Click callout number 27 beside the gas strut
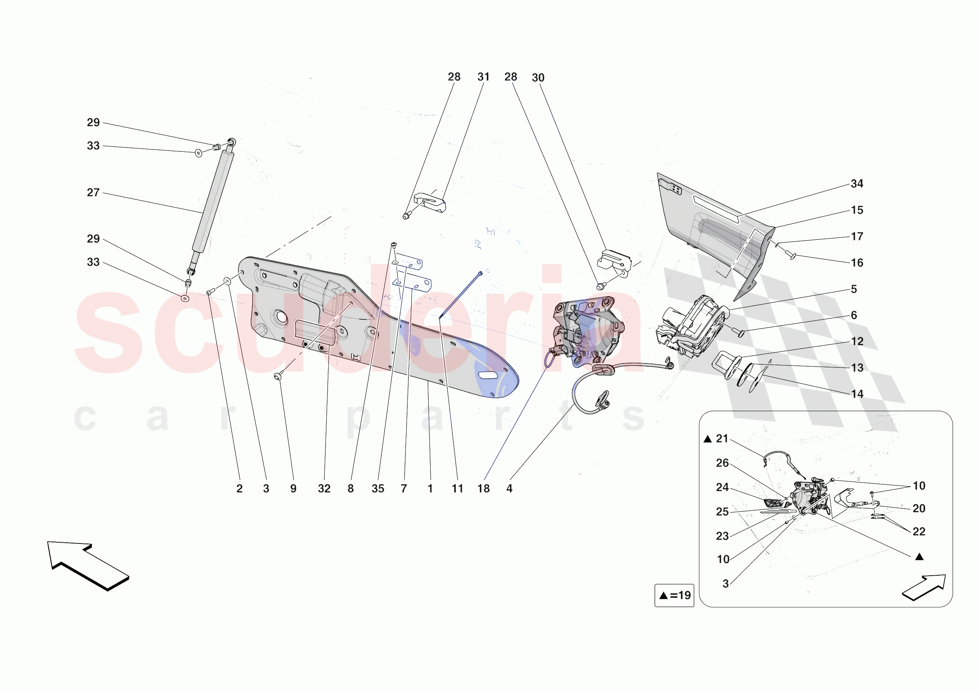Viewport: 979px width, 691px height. click(93, 192)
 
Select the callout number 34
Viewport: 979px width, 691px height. click(857, 183)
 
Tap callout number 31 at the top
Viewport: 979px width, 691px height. click(483, 77)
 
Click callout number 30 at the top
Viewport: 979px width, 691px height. click(538, 77)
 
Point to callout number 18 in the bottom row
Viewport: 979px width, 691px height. click(483, 489)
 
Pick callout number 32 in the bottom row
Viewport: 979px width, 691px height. click(324, 489)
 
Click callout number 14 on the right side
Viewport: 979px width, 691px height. click(857, 394)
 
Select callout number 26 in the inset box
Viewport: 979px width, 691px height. click(722, 463)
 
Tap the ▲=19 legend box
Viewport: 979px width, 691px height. click(674, 595)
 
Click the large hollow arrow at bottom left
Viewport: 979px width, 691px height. click(88, 564)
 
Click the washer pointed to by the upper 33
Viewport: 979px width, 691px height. click(199, 153)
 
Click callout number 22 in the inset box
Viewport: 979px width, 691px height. click(919, 532)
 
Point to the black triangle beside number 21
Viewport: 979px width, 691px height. click(707, 439)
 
